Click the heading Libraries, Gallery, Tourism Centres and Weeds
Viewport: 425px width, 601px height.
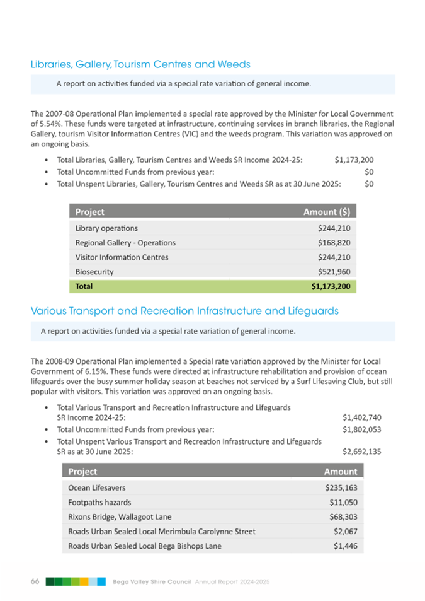(x=140, y=64)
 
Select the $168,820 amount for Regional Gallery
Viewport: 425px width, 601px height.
(x=334, y=242)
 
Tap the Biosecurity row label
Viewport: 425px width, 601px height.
(x=94, y=272)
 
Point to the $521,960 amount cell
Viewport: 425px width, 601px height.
(x=334, y=272)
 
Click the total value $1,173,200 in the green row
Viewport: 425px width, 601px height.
(x=331, y=286)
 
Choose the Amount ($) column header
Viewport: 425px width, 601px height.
(x=327, y=212)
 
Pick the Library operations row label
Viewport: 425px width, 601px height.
(x=106, y=228)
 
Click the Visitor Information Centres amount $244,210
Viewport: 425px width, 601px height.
(x=334, y=257)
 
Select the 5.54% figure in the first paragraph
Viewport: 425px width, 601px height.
(x=42, y=125)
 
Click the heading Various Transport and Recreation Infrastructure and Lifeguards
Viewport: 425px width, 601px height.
(x=184, y=311)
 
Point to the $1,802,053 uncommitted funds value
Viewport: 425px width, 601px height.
(x=362, y=429)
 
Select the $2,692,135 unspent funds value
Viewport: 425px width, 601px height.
(x=362, y=452)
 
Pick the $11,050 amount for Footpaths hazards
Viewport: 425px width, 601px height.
(x=344, y=502)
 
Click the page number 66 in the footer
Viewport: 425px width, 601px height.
(x=35, y=581)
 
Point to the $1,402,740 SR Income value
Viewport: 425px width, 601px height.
(x=362, y=417)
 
